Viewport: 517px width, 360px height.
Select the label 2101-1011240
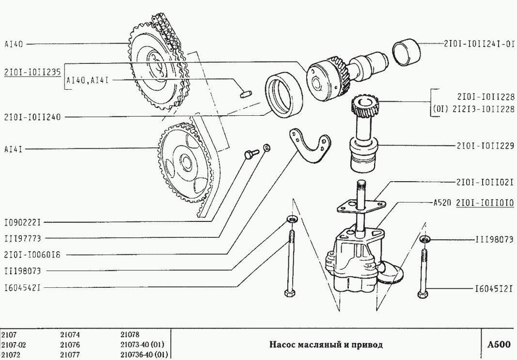32,117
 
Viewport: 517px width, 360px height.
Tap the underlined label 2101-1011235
32,73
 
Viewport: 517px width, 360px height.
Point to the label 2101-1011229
486,146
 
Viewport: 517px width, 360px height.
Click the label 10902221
22,223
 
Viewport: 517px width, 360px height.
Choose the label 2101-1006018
32,255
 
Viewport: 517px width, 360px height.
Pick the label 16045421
22,288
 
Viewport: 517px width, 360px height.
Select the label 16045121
494,289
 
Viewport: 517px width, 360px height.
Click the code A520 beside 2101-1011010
442,203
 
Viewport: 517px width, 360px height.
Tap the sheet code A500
499,345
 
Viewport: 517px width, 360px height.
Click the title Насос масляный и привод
326,345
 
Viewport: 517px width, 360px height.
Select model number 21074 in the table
70,335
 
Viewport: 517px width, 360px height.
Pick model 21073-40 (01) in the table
142,345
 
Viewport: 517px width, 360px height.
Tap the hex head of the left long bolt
289,293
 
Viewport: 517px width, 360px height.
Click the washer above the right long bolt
425,239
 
